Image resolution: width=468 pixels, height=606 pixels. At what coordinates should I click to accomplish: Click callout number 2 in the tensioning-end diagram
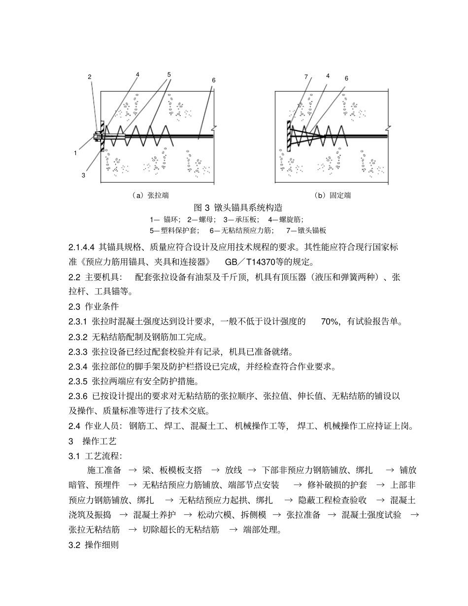click(90, 77)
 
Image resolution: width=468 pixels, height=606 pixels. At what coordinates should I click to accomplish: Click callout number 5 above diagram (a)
click(169, 75)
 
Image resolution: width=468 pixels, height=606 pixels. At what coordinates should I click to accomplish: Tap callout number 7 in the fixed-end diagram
click(306, 77)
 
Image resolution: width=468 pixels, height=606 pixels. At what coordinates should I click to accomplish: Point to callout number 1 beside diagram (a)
click(75, 153)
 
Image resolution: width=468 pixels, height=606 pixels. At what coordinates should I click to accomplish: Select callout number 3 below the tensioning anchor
click(83, 175)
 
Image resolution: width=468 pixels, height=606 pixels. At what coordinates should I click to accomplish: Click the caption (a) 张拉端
click(151, 196)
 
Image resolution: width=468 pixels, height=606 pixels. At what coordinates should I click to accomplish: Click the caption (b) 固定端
click(333, 196)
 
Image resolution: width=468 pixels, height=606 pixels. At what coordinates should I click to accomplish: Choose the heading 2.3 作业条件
click(94, 306)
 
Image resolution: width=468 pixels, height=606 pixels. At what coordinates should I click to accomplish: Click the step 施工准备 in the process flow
click(104, 471)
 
